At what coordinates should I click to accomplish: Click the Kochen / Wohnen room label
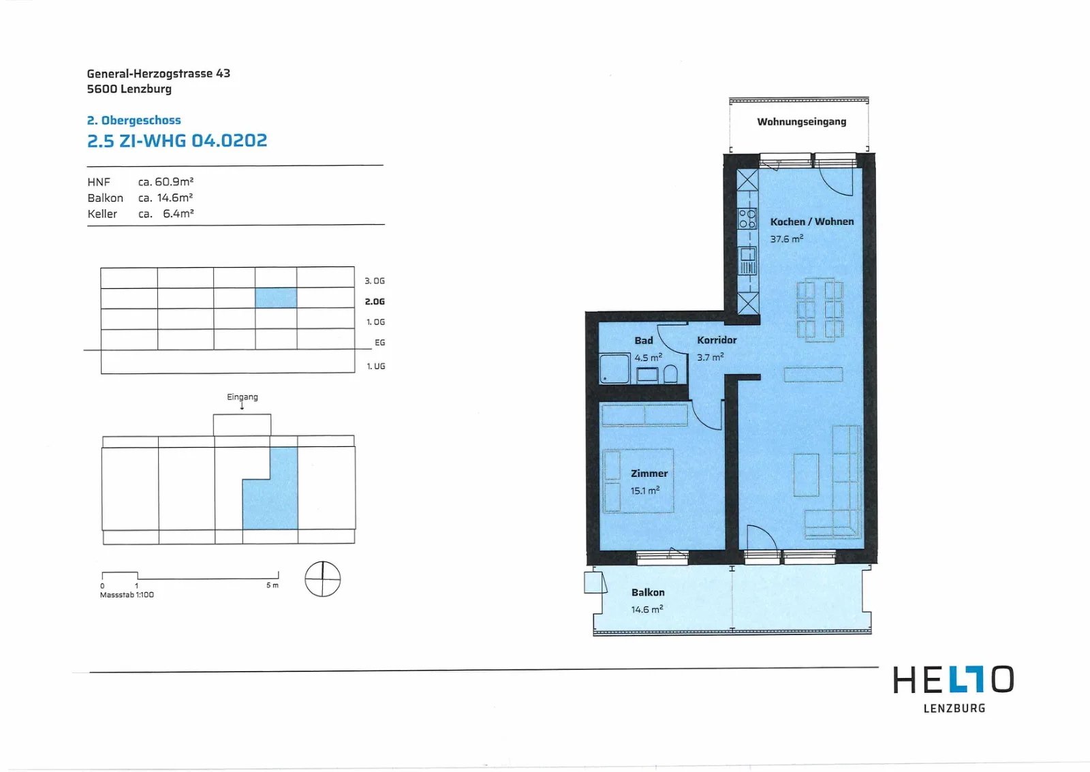pyautogui.click(x=811, y=221)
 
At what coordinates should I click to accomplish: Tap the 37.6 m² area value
pyautogui.click(x=786, y=238)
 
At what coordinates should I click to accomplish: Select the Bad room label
pyautogui.click(x=643, y=340)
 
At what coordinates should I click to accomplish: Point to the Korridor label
pyautogui.click(x=717, y=340)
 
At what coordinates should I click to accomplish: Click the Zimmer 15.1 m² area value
pyautogui.click(x=644, y=490)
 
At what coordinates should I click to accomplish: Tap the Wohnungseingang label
pyautogui.click(x=801, y=121)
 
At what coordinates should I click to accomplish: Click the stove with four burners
pyautogui.click(x=747, y=219)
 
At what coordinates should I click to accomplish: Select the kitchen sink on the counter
pyautogui.click(x=748, y=261)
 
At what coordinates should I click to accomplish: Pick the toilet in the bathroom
pyautogui.click(x=670, y=374)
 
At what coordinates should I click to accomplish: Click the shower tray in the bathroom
pyautogui.click(x=614, y=369)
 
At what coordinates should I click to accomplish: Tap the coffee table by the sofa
pyautogui.click(x=806, y=475)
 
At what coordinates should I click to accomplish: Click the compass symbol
pyautogui.click(x=322, y=578)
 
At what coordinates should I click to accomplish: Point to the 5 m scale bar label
pyautogui.click(x=272, y=585)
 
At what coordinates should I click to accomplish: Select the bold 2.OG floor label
pyautogui.click(x=375, y=301)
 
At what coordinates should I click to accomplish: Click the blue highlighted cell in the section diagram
pyautogui.click(x=276, y=298)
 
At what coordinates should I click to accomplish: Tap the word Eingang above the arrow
pyautogui.click(x=243, y=397)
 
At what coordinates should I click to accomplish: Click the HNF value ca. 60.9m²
pyautogui.click(x=166, y=181)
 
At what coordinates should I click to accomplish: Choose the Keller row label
pyautogui.click(x=102, y=214)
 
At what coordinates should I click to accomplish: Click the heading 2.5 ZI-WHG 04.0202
pyautogui.click(x=177, y=140)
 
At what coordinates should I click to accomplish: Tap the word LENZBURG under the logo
pyautogui.click(x=954, y=708)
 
